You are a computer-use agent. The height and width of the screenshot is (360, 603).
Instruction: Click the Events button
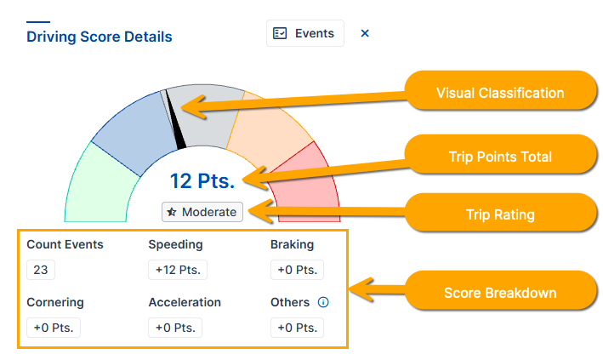coord(305,33)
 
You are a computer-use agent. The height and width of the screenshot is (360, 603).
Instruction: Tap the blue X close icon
coord(365,33)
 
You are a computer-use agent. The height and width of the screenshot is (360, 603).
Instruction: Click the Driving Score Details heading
coord(100,37)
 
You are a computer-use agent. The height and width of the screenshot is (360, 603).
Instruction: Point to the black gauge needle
coord(175,119)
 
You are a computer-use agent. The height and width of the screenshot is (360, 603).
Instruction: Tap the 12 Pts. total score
coord(202,181)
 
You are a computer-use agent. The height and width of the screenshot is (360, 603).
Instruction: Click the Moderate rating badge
coord(202,212)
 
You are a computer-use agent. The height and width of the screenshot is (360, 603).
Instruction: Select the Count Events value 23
coord(41,270)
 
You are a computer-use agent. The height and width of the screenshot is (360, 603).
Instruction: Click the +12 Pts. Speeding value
coord(178,270)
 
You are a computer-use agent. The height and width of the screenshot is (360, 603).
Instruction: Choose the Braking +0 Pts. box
coord(298,270)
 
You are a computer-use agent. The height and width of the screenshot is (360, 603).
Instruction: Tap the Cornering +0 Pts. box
coord(54,328)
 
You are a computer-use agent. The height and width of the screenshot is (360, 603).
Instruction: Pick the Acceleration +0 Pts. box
coord(175,328)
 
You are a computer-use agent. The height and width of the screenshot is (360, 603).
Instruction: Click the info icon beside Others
coord(323,302)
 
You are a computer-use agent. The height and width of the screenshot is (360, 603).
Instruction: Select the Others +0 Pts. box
coord(298,328)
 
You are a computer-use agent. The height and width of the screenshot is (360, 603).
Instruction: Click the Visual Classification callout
coord(501,93)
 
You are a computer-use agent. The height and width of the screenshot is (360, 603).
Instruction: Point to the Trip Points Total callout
coord(501,157)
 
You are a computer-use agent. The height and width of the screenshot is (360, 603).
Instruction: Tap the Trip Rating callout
coord(501,214)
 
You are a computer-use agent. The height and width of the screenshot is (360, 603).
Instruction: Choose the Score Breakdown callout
coord(501,293)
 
